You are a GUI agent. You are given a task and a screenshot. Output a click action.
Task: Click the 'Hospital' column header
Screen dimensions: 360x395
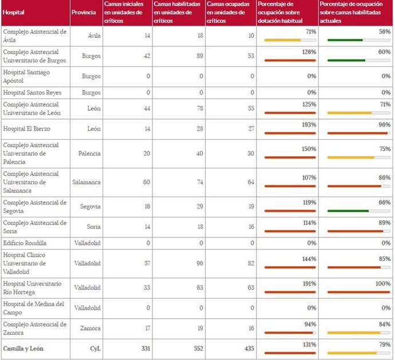(x=14, y=13)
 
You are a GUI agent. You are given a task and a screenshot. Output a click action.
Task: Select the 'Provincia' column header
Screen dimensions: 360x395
(x=84, y=13)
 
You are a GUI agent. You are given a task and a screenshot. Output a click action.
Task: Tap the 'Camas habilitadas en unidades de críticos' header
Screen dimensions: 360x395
(x=177, y=13)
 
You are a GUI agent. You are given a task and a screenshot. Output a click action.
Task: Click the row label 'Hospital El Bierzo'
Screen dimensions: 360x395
(x=27, y=129)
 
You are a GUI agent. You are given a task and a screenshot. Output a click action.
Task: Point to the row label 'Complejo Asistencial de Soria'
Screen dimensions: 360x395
(x=35, y=227)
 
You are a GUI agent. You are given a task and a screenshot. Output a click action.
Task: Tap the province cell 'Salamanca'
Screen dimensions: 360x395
(x=86, y=182)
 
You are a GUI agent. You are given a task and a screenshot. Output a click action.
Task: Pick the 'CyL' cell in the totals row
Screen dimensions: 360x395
(x=94, y=347)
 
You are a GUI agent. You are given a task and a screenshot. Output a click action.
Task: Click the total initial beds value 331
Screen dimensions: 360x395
(x=144, y=347)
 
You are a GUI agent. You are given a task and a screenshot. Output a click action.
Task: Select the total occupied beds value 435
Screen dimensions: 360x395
(x=246, y=347)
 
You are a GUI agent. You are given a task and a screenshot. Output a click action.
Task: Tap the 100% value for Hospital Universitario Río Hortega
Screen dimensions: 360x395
(x=382, y=284)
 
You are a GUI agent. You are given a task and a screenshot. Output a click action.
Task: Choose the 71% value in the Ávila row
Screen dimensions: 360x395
(x=311, y=32)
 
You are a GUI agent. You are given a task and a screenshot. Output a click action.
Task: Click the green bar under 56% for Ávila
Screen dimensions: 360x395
(x=345, y=40)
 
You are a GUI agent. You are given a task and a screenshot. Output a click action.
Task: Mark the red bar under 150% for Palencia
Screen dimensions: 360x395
(x=290, y=157)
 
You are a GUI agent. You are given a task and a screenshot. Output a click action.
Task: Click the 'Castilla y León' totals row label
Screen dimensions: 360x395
(x=23, y=347)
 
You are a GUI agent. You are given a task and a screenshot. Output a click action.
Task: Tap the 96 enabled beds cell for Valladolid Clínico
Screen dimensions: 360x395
(x=197, y=263)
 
